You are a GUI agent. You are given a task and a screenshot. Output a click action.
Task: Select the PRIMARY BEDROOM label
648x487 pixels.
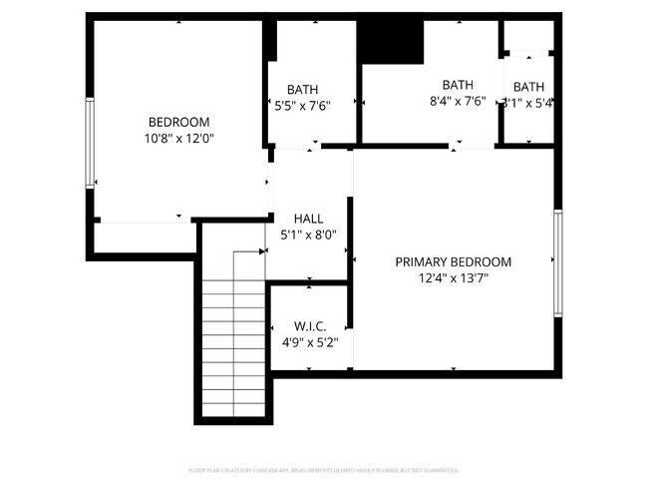click(x=453, y=262)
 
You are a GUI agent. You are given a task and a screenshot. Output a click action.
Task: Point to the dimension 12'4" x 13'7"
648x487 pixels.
click(x=453, y=279)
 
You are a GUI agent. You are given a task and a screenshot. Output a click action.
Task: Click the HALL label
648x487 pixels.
click(x=308, y=219)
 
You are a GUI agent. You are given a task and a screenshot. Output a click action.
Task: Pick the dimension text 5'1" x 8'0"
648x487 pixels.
click(x=308, y=236)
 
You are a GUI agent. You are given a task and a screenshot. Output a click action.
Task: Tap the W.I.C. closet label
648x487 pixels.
click(x=308, y=326)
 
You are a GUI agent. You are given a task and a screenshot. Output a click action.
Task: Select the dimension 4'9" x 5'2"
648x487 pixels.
click(x=308, y=342)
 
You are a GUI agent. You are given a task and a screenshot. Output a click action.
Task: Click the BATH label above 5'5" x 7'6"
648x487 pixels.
click(x=302, y=89)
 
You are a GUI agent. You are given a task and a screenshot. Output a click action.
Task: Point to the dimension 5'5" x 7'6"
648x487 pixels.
click(x=302, y=105)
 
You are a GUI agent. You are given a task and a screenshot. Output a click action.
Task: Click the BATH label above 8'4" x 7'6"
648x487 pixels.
click(x=458, y=85)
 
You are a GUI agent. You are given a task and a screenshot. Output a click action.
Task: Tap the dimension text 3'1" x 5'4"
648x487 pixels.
click(x=527, y=102)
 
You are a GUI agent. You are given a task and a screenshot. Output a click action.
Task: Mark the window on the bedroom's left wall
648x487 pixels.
click(x=90, y=142)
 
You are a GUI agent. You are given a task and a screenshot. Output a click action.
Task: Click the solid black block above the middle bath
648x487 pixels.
click(x=391, y=40)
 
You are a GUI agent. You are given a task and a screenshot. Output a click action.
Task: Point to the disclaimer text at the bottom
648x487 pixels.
click(x=323, y=469)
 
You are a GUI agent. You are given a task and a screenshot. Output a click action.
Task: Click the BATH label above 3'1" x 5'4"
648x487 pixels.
click(x=528, y=87)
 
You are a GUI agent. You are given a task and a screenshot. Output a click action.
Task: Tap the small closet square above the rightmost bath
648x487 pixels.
click(x=526, y=36)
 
